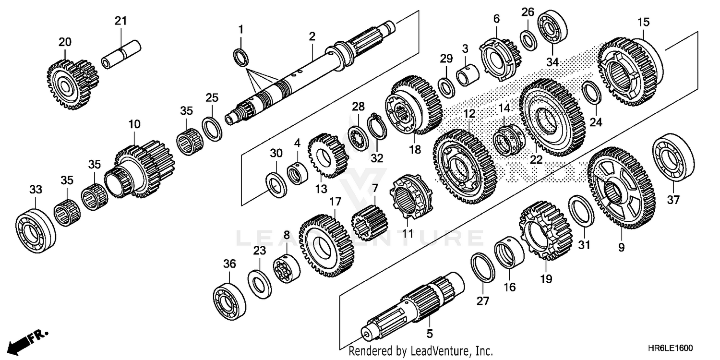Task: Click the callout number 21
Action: point(120,21)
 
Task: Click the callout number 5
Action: point(430,332)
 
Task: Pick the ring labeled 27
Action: point(483,268)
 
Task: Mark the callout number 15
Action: point(643,22)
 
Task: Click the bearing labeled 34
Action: point(553,27)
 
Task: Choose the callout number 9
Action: point(621,248)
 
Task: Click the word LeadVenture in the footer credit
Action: point(430,351)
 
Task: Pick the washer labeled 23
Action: point(259,283)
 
